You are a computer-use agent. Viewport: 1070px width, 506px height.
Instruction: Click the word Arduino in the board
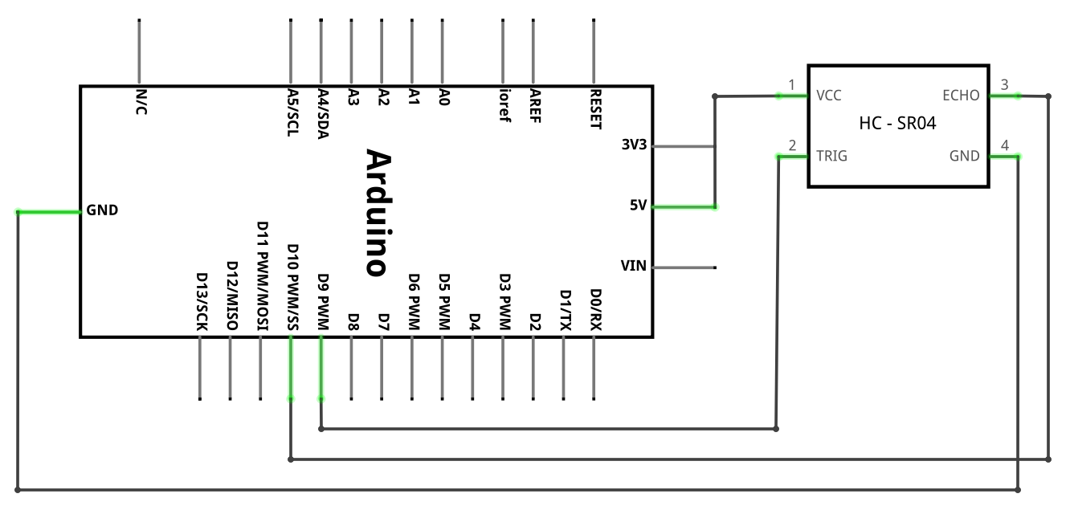point(379,213)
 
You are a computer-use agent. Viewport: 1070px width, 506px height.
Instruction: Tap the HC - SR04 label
point(897,123)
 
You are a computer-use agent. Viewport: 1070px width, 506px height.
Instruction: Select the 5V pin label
point(638,205)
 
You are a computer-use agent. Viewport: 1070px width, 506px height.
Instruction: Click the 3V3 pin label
point(634,145)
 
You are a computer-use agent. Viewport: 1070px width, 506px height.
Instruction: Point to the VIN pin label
point(633,266)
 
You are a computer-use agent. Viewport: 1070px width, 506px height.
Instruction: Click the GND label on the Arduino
point(102,210)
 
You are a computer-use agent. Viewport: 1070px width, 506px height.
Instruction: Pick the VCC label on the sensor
point(829,96)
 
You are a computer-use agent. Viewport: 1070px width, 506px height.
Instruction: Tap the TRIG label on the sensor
point(831,157)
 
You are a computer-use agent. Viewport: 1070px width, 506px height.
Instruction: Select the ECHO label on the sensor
point(961,96)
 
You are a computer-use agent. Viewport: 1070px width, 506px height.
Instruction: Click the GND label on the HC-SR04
point(964,157)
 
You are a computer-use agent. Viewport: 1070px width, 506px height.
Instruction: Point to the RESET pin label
point(596,109)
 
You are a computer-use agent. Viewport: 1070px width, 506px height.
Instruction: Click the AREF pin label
point(535,105)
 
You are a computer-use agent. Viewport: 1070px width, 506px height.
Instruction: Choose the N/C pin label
point(141,102)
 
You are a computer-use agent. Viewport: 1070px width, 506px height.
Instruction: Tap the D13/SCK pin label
point(202,302)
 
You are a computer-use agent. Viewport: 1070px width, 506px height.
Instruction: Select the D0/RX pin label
point(596,309)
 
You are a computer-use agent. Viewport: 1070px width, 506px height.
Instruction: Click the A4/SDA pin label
point(324,114)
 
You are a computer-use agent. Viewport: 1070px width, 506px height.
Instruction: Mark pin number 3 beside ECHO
point(1004,85)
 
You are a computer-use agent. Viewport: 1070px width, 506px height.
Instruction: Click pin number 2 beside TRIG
point(792,145)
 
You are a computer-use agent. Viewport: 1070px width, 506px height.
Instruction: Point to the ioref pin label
point(505,105)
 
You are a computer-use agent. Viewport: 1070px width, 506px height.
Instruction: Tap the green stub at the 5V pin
point(684,207)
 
